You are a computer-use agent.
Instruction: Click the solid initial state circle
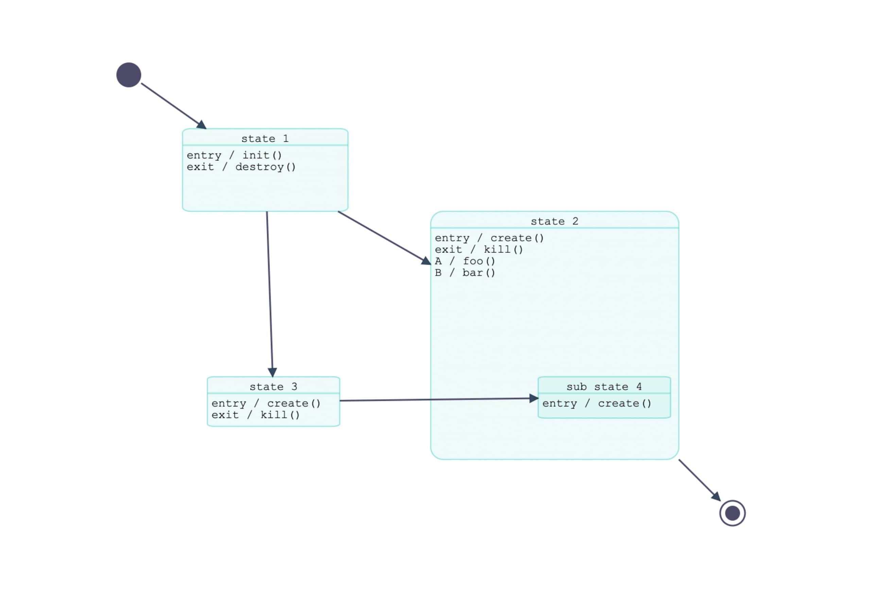coord(129,75)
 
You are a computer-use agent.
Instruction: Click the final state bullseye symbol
coord(732,513)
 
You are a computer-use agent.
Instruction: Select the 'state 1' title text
coord(265,139)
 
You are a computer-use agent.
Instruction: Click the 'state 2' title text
coord(554,221)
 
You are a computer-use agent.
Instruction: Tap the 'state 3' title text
coord(273,386)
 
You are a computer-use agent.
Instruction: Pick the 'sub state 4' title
coord(604,386)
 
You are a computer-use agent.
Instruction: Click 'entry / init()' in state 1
coord(234,155)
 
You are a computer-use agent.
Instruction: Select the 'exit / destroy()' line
coord(241,167)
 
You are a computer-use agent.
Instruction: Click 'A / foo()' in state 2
coord(465,261)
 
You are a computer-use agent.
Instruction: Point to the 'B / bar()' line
coord(465,273)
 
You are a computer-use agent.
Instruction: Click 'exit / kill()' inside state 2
coord(479,249)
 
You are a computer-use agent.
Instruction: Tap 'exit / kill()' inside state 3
coord(256,415)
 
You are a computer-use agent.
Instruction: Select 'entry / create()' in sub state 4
coord(597,403)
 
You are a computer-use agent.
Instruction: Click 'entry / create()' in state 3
coord(266,403)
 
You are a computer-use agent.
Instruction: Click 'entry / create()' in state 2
coord(489,238)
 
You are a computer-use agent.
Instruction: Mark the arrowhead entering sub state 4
coord(534,399)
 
